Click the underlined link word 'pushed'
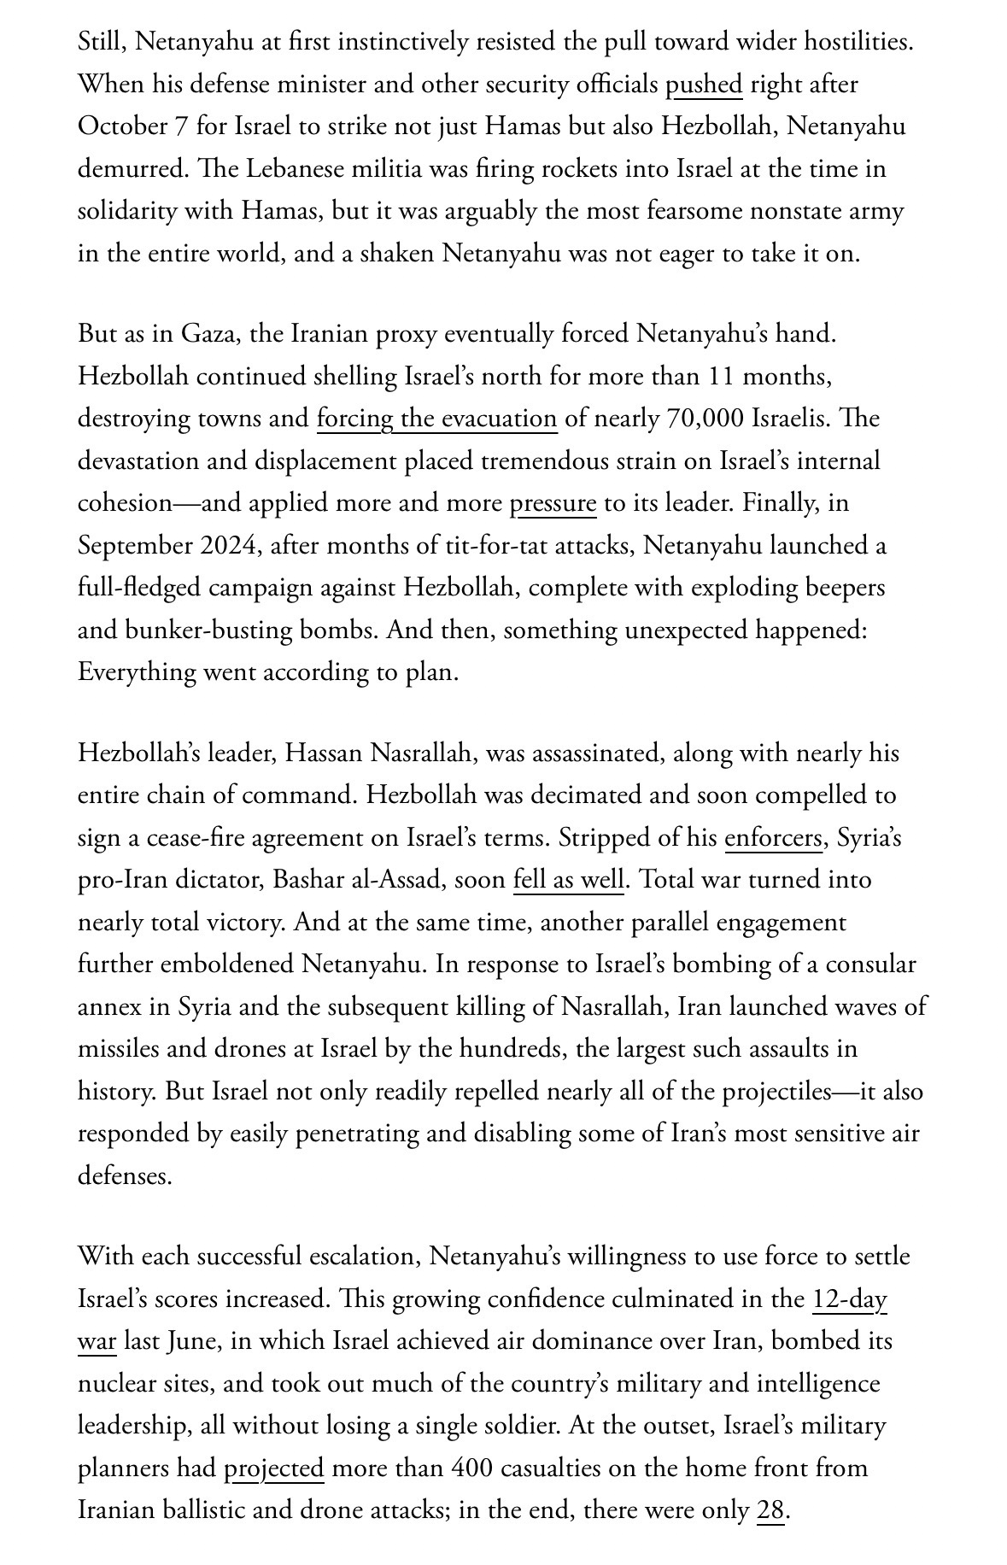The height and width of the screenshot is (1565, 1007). [703, 85]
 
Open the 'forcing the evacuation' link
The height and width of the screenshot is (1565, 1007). [436, 419]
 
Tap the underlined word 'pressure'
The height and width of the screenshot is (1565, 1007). [553, 503]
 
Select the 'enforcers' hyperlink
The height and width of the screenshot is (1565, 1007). [773, 838]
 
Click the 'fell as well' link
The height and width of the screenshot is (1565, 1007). [569, 880]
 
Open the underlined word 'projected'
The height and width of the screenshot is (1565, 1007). [273, 1468]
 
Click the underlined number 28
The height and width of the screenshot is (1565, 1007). [770, 1510]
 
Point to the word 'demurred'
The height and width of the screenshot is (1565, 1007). [129, 169]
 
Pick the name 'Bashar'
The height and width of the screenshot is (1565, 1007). [311, 880]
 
